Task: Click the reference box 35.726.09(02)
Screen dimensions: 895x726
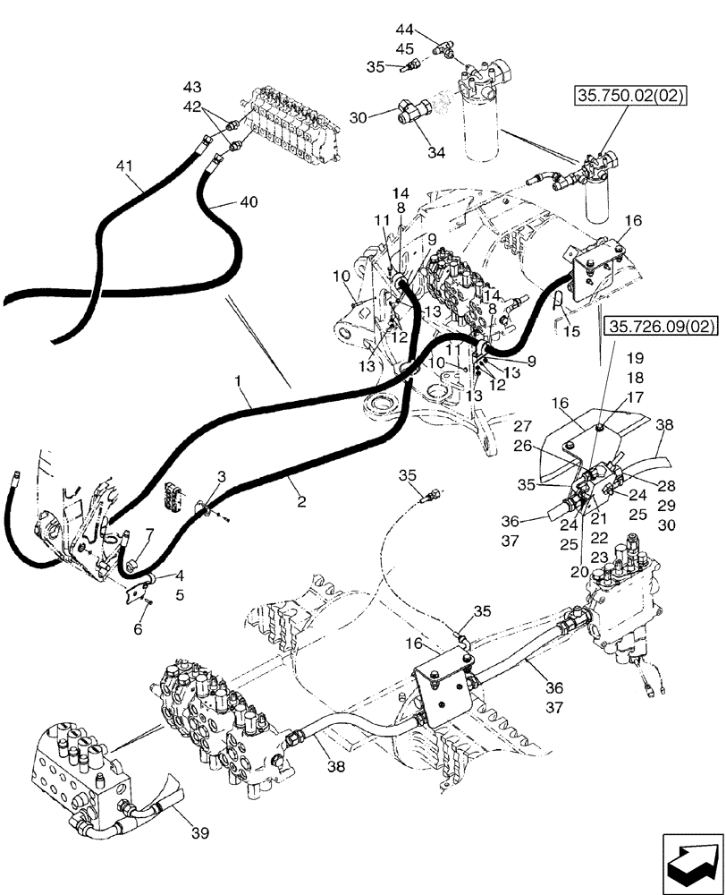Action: [x=663, y=328]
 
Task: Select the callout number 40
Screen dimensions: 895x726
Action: [x=249, y=202]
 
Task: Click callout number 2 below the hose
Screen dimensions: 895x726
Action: [x=301, y=503]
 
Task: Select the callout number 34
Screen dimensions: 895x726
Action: [x=435, y=153]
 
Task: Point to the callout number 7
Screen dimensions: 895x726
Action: [x=149, y=534]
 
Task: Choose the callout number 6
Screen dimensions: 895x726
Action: [x=137, y=629]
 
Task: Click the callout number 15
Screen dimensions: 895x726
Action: [x=571, y=330]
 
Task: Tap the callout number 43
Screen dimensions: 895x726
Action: [x=192, y=87]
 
